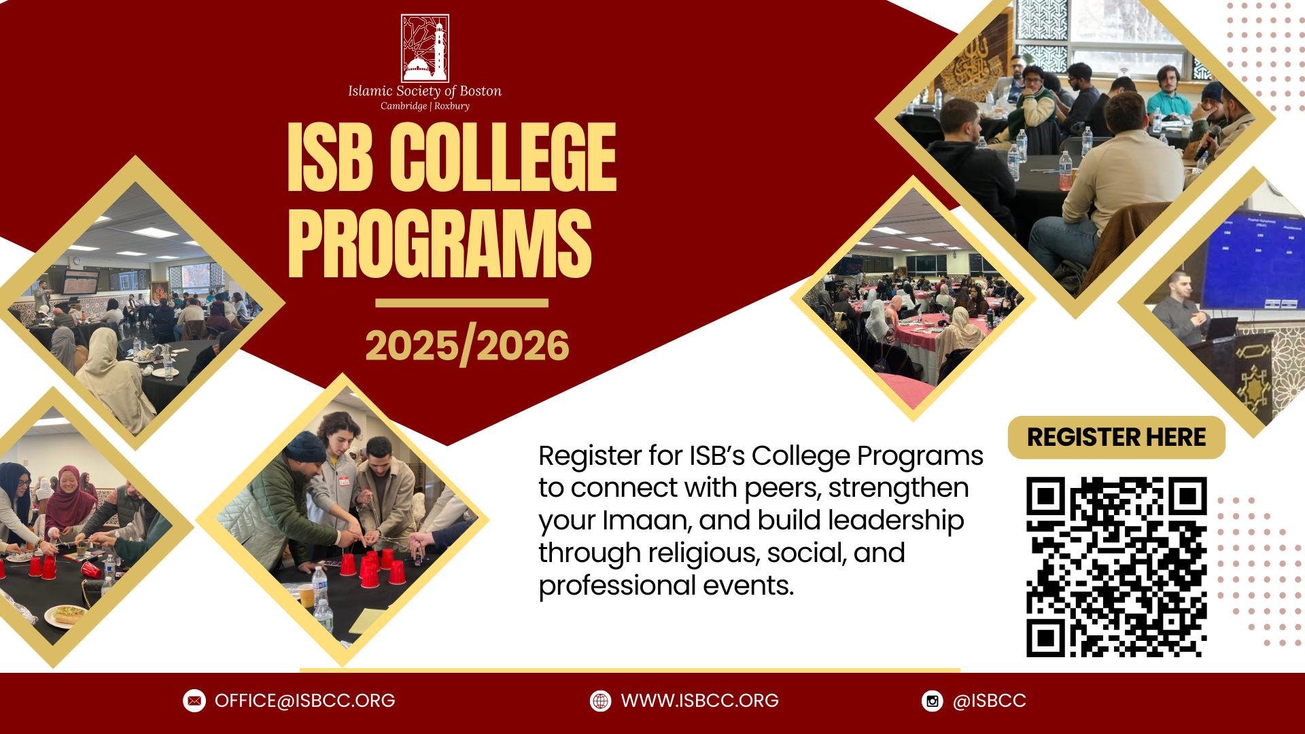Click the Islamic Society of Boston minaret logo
click(x=425, y=48)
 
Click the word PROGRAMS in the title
click(x=440, y=243)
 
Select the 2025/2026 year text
click(x=467, y=346)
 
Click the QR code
click(x=1116, y=567)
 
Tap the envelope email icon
click(x=194, y=701)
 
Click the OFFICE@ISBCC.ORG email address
click(x=304, y=701)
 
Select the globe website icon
click(x=600, y=701)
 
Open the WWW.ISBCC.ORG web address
click(x=699, y=701)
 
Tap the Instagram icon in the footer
click(x=933, y=701)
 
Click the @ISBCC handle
click(x=989, y=701)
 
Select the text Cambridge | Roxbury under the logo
click(x=425, y=106)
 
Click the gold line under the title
click(x=462, y=303)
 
